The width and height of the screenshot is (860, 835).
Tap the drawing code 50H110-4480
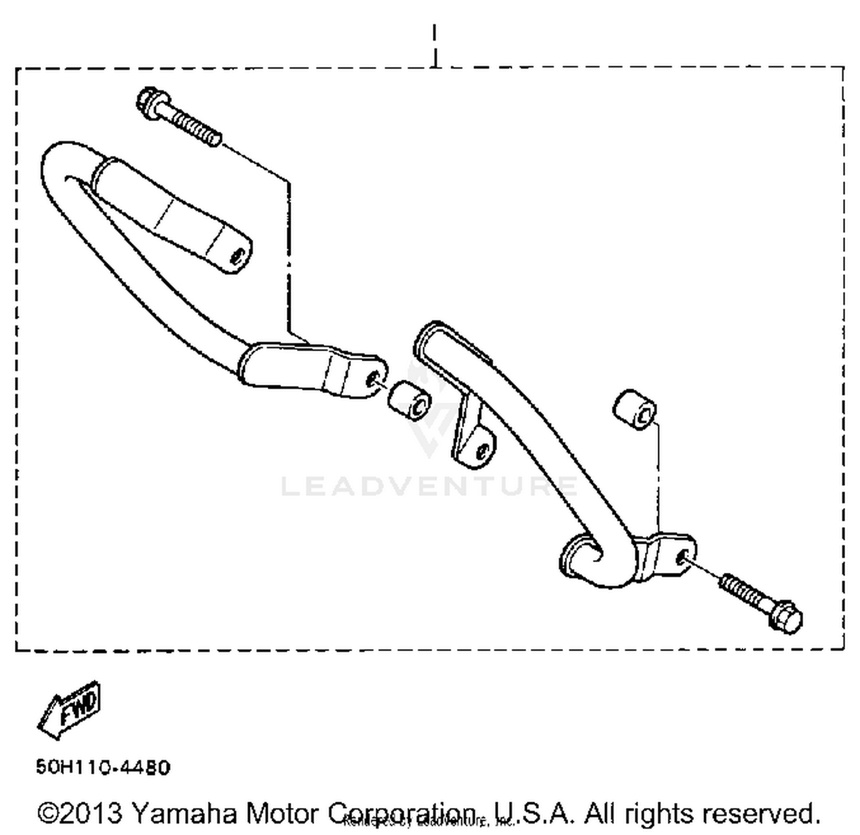[103, 767]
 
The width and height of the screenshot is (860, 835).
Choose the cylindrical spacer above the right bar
[635, 409]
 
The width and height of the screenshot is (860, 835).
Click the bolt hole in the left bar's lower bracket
[374, 379]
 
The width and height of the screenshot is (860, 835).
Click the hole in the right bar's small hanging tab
[483, 452]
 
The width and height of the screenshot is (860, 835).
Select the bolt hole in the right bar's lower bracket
[681, 557]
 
